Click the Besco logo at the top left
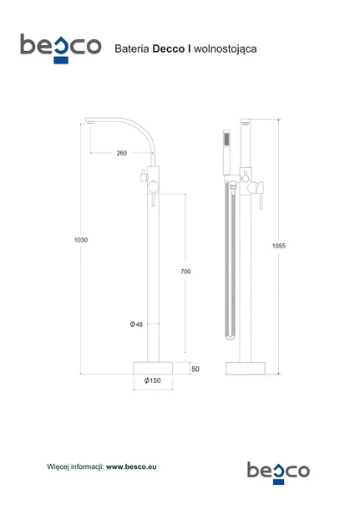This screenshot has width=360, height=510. pyautogui.click(x=61, y=48)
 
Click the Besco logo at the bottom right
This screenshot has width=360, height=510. pyautogui.click(x=278, y=473)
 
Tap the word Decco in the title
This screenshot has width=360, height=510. pyautogui.click(x=168, y=48)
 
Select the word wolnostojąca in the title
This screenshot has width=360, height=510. pyautogui.click(x=226, y=49)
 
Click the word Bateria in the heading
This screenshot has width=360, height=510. pyautogui.click(x=132, y=48)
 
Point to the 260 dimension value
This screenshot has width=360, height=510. pyautogui.click(x=121, y=153)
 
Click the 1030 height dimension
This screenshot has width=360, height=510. pyautogui.click(x=81, y=240)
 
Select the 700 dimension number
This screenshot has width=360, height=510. pyautogui.click(x=185, y=271)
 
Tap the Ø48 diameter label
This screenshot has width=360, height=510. pyautogui.click(x=136, y=324)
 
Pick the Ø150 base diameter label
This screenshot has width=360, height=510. pyautogui.click(x=152, y=380)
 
